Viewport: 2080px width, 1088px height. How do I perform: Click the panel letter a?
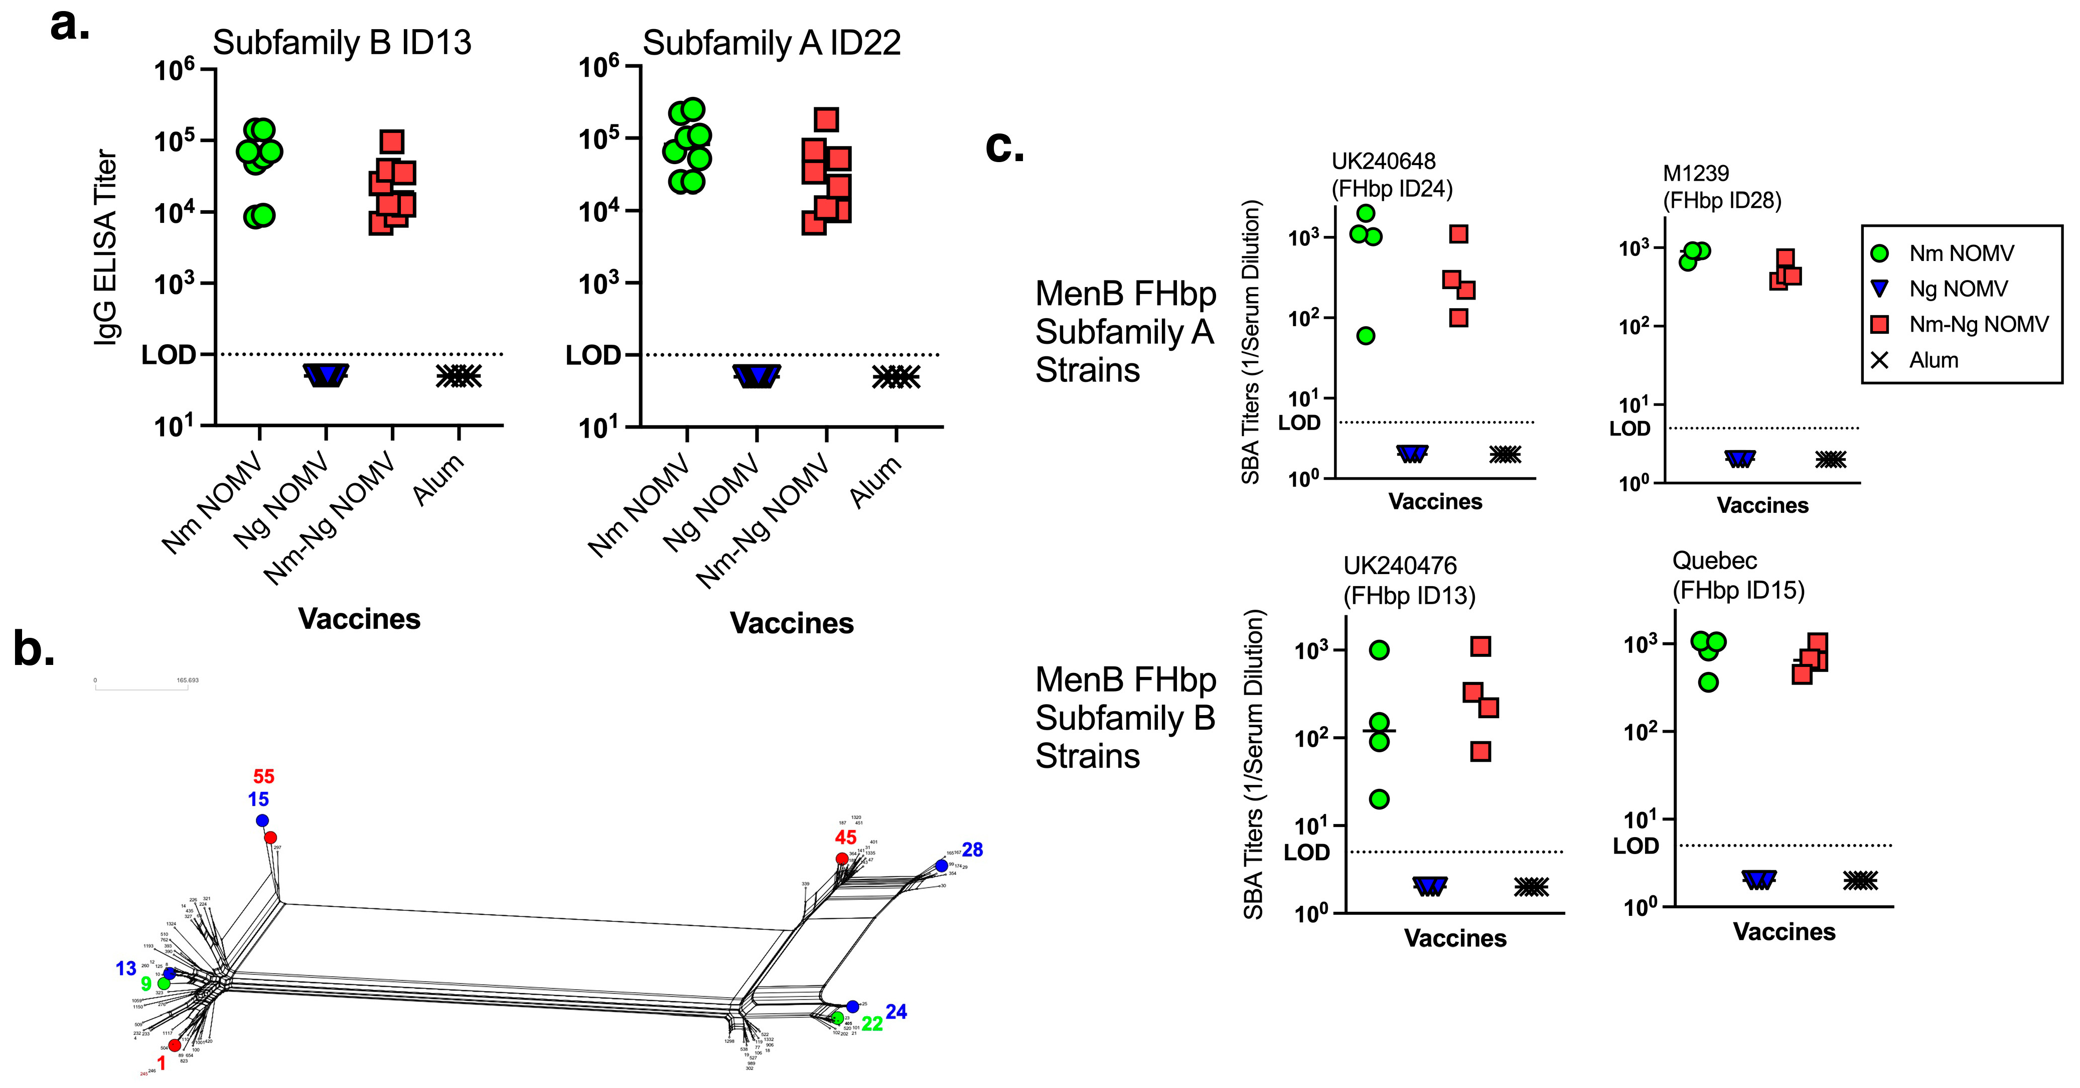[69, 26]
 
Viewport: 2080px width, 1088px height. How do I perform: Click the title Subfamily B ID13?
[342, 43]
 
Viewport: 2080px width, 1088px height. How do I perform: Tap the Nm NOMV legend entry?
[1961, 253]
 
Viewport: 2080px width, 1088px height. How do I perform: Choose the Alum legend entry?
[1933, 360]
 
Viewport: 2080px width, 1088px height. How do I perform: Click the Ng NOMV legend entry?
[1957, 289]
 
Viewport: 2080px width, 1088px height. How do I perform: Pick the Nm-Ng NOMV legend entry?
[1978, 325]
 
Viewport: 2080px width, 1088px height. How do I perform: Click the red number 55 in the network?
[264, 776]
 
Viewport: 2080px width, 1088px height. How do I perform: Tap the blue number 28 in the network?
[972, 850]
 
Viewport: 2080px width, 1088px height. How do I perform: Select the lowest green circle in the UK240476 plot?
[1379, 799]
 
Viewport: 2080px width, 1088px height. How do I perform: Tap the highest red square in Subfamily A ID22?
[826, 119]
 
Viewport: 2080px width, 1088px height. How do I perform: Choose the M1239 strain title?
[1696, 174]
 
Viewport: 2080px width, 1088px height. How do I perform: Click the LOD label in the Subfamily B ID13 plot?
[169, 355]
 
